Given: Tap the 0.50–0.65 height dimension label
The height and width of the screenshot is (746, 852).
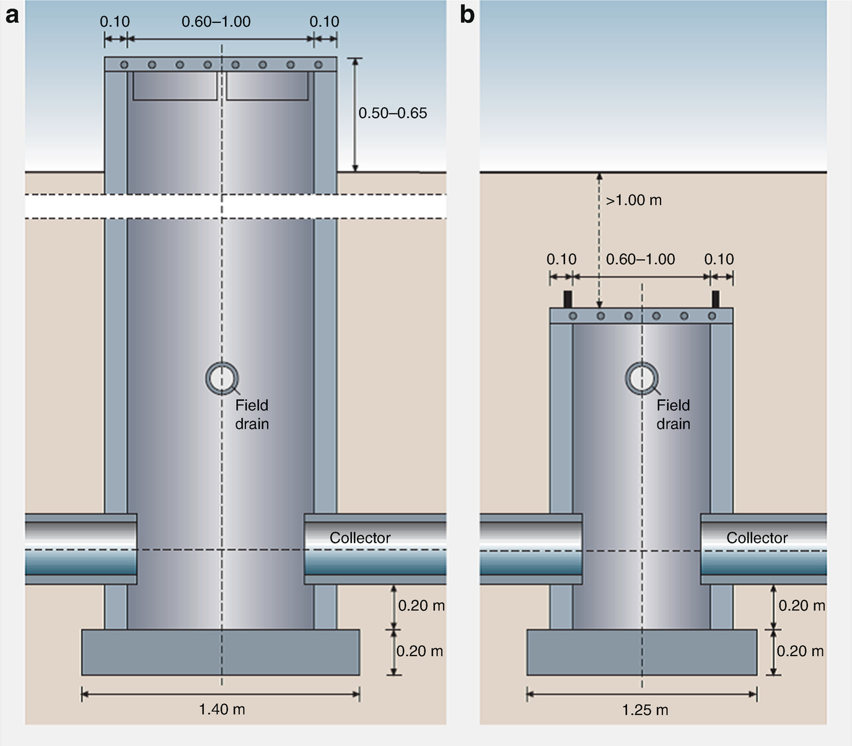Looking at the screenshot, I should click(393, 113).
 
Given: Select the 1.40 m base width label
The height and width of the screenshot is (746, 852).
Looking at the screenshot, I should click(222, 709).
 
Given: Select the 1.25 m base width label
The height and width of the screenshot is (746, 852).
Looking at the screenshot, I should click(645, 710).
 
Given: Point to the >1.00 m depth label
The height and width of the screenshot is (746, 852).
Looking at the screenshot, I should click(634, 200).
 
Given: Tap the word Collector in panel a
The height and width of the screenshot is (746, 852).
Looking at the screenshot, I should click(360, 538).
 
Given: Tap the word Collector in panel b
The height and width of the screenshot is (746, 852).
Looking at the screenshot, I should click(757, 538).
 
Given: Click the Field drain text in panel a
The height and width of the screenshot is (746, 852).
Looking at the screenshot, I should click(252, 415).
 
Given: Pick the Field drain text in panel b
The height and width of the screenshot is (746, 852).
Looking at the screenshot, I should click(673, 415).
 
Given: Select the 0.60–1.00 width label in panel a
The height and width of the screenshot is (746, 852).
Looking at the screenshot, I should click(216, 22).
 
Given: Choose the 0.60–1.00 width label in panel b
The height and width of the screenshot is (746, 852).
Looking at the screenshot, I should click(640, 259).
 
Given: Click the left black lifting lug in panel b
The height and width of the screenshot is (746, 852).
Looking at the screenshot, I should click(568, 299).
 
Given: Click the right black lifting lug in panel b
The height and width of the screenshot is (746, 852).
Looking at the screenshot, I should click(716, 299).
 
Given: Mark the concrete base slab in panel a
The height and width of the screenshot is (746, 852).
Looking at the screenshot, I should click(221, 652).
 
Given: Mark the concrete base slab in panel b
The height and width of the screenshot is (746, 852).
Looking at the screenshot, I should click(641, 652).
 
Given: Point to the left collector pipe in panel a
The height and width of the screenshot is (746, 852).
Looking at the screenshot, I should click(81, 549).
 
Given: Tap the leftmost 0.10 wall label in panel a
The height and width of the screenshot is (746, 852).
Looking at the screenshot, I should click(115, 22).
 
